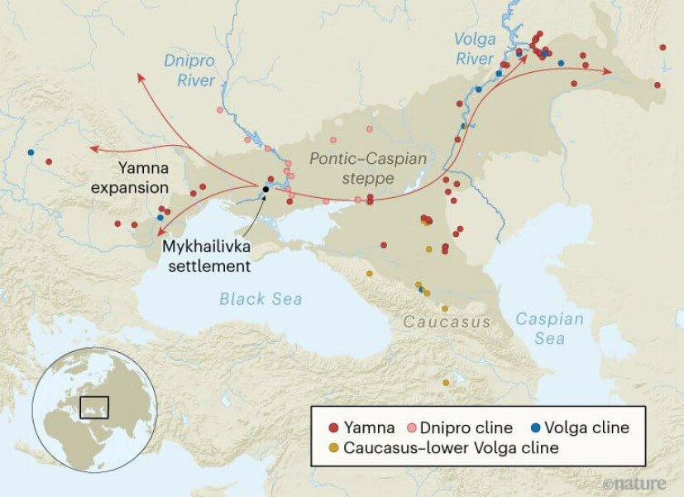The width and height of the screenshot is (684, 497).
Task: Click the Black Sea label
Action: click(261, 299)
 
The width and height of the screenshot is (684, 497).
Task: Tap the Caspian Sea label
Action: click(549, 328)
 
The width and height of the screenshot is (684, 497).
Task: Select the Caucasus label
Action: click(446, 321)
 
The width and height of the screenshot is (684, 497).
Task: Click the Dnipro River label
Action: click(189, 70)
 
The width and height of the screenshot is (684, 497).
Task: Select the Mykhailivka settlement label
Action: click(206, 256)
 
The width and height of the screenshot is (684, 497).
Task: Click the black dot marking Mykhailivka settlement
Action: click(265, 190)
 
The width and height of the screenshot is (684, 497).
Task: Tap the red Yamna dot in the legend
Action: click(333, 428)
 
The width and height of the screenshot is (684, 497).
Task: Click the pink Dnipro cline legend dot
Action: click(411, 428)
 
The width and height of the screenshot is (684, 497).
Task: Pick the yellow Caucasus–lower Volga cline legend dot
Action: click(333, 448)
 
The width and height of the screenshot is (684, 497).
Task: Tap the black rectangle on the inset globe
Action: click(94, 407)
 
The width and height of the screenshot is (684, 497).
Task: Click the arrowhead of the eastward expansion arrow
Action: click(609, 71)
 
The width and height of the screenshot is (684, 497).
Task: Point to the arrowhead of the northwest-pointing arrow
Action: click(140, 76)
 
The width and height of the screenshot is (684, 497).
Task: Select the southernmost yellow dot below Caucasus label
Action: click(446, 383)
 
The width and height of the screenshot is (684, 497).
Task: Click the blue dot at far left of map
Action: click(31, 152)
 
